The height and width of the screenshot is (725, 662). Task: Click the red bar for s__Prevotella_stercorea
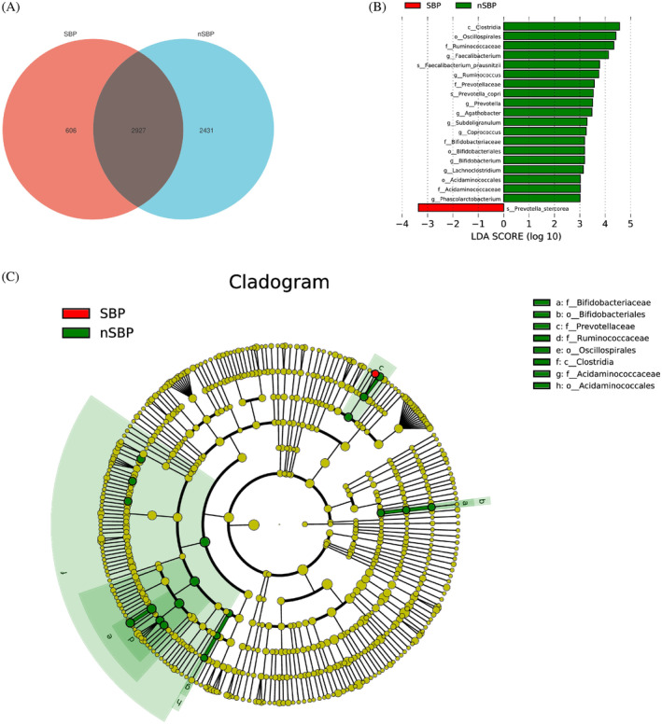point(460,208)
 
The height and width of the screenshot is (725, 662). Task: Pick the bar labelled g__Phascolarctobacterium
point(542,198)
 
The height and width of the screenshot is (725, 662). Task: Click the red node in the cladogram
point(375,373)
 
